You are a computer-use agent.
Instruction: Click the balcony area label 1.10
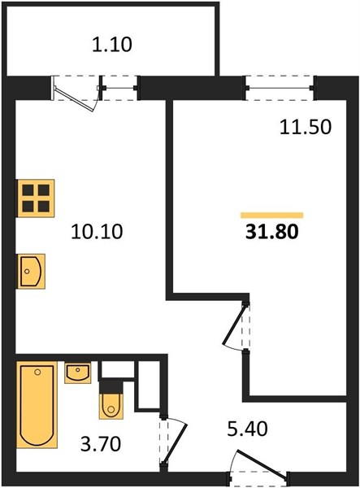click(x=112, y=44)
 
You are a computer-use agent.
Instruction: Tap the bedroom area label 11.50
click(x=306, y=128)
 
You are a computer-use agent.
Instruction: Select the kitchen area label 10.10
click(x=97, y=232)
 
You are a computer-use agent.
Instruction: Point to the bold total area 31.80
click(x=271, y=232)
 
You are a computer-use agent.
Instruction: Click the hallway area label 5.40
click(x=247, y=429)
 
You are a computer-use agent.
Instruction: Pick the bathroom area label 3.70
click(x=101, y=444)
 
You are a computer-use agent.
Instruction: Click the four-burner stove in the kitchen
click(x=36, y=198)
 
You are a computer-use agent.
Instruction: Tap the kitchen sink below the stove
click(x=31, y=272)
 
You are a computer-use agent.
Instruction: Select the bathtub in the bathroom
click(x=37, y=404)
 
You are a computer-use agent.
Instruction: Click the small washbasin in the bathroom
click(x=78, y=373)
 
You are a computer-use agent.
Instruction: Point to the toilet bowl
click(x=111, y=406)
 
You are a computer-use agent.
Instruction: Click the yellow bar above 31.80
click(x=271, y=215)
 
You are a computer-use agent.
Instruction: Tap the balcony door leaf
click(x=75, y=98)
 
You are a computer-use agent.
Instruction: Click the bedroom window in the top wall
click(x=280, y=88)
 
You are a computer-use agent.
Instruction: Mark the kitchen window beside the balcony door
click(x=119, y=88)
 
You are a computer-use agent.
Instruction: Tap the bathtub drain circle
click(x=37, y=372)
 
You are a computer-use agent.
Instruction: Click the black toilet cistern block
click(x=111, y=386)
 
